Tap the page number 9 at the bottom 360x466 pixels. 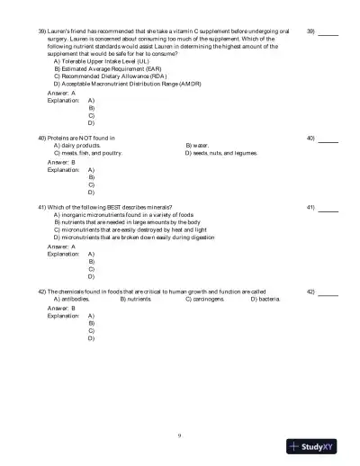coord(180,435)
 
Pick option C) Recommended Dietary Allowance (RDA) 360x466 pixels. coord(104,76)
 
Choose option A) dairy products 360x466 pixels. coord(76,145)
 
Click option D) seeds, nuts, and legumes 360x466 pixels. coord(220,153)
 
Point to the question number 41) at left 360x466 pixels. coord(42,208)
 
